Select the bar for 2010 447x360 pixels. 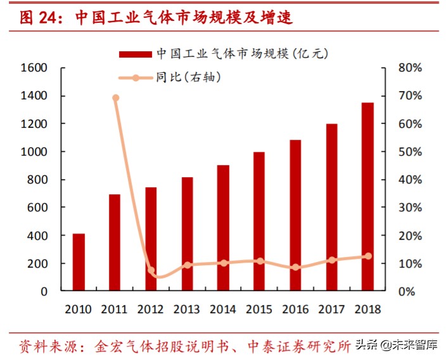79,263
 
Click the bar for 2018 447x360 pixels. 368,197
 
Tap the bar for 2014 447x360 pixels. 223,228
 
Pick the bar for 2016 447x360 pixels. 296,215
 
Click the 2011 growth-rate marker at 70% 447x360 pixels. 116,98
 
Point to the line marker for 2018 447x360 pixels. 368,256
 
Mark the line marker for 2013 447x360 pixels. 187,265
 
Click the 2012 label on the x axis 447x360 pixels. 151,309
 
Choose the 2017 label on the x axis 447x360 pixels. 332,309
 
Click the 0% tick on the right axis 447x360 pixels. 408,292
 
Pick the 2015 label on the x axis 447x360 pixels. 260,309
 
